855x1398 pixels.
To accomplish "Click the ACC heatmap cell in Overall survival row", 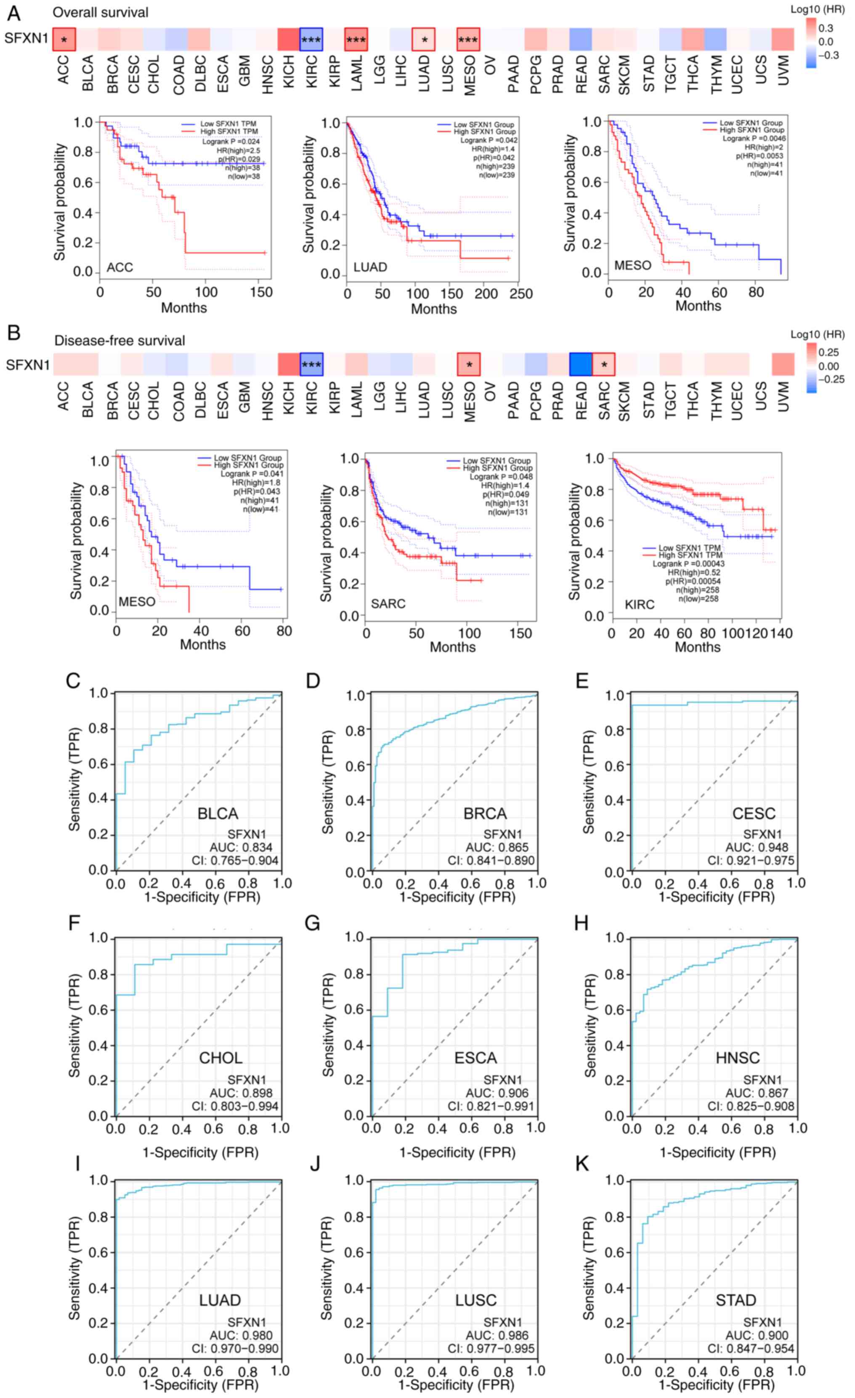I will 64,40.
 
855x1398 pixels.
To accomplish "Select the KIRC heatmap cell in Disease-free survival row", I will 311,364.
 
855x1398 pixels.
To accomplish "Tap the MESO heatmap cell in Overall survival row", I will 468,40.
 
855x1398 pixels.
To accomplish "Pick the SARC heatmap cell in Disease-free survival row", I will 604,364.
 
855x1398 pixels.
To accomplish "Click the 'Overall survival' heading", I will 101,13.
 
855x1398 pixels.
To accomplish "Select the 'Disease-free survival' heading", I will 119,340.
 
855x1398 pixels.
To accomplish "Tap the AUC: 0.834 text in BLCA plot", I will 241,847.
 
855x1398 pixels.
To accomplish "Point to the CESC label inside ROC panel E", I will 754,814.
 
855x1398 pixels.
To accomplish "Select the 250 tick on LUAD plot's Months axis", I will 521,294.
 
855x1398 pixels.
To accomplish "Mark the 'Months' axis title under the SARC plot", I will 452,647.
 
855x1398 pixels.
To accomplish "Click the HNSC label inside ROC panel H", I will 738,1058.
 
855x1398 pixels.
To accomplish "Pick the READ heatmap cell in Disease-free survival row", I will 581,364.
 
